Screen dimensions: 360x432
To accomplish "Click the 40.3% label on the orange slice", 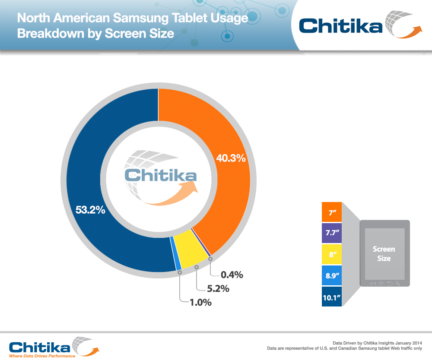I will click(231, 158).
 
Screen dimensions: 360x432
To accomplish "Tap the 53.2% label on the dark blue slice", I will click(91, 210).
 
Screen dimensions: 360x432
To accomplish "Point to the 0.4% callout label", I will click(232, 274).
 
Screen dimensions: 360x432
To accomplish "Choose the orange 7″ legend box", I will click(332, 212).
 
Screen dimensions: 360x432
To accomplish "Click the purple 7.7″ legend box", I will click(332, 233).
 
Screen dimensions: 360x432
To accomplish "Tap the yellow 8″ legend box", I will click(332, 254).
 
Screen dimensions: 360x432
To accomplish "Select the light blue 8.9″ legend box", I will click(332, 275).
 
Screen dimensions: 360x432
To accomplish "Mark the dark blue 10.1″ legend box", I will click(332, 296).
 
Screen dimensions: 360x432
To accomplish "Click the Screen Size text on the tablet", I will click(384, 254).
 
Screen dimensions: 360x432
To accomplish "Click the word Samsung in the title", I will click(137, 19).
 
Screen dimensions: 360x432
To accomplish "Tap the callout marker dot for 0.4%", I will click(210, 259).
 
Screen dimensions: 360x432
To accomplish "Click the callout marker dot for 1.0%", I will click(180, 272).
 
